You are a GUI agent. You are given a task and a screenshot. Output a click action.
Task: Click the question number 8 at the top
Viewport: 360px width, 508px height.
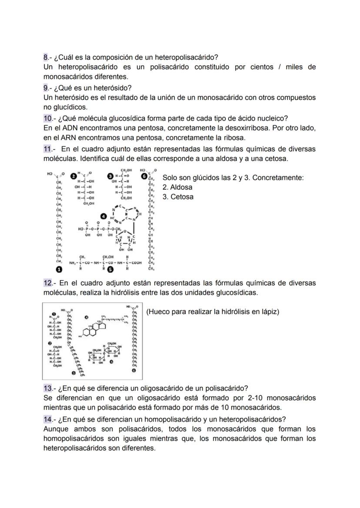click(x=46, y=57)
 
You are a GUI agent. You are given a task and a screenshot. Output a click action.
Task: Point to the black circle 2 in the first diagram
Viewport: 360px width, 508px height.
click(x=74, y=175)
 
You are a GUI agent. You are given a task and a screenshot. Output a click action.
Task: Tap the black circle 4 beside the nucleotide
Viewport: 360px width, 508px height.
click(x=103, y=216)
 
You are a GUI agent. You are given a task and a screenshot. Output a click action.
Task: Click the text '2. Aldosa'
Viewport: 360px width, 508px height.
click(x=177, y=187)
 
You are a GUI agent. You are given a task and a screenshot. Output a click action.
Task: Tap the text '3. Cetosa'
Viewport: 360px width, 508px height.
click(x=178, y=197)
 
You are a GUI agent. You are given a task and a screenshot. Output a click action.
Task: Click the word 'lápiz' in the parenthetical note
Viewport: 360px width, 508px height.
click(x=268, y=312)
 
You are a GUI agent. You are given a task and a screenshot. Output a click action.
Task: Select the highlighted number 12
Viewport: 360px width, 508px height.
click(x=48, y=283)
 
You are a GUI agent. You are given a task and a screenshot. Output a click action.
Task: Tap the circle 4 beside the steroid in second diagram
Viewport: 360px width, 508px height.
click(x=86, y=318)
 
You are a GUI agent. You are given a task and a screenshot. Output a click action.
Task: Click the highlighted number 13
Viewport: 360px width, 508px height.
click(x=47, y=388)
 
